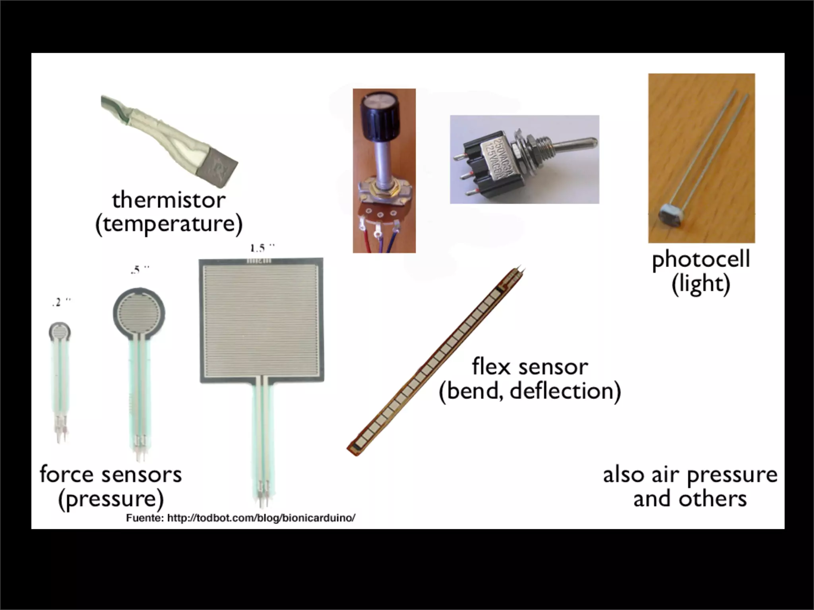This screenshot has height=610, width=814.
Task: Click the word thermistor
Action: point(169,200)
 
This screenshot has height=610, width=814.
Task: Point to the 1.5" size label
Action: point(262,249)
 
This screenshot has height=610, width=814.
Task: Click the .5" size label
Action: point(140,270)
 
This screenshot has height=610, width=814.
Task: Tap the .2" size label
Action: point(61,303)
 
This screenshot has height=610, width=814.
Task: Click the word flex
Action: point(491,367)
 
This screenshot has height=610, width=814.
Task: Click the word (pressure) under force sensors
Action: point(111,499)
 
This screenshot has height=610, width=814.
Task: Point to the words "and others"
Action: point(690,499)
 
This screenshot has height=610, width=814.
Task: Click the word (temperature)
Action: point(169,224)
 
